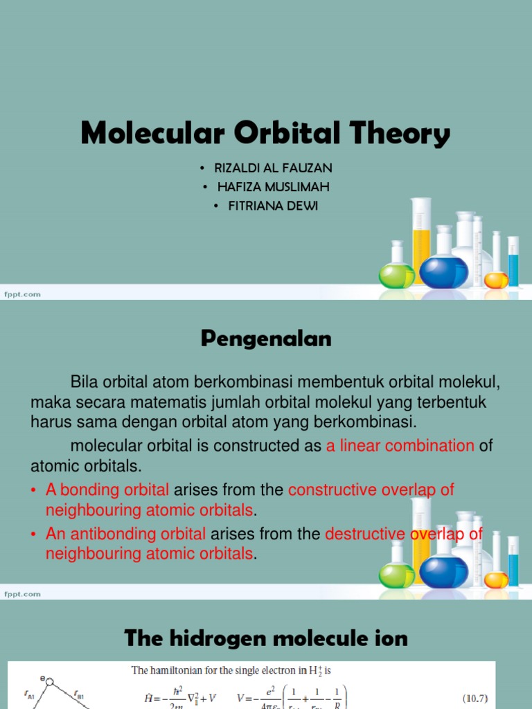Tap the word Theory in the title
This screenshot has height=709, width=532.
(398, 134)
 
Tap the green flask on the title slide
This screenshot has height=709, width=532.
(396, 275)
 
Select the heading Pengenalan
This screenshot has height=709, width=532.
(266, 339)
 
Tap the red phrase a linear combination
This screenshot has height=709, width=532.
(400, 446)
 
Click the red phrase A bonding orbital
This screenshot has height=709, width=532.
(107, 490)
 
